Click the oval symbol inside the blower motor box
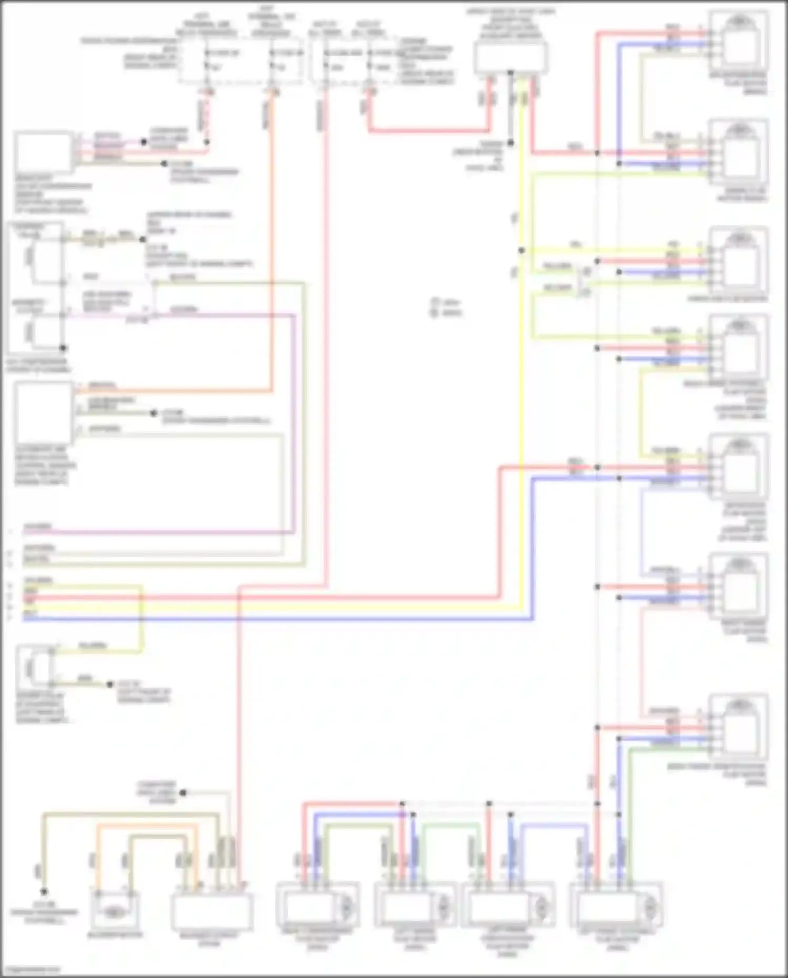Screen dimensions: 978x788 [113, 912]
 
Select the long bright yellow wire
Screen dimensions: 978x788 [521, 368]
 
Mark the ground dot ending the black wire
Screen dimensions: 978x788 [510, 143]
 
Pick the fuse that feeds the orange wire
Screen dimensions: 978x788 [272, 60]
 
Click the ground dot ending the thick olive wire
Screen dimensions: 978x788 [44, 892]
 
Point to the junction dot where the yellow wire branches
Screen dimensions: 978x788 [521, 251]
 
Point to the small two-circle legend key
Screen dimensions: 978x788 [435, 308]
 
